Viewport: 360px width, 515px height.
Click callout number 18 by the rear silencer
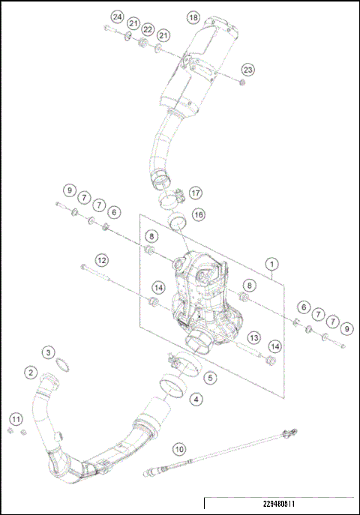tap(193, 16)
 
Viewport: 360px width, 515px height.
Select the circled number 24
tap(116, 16)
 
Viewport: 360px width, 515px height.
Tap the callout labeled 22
tap(148, 29)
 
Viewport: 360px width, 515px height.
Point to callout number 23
tap(247, 69)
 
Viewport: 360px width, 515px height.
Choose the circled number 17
tap(196, 192)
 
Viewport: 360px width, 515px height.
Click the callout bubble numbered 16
tap(199, 215)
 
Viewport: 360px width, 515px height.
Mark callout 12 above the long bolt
tap(101, 259)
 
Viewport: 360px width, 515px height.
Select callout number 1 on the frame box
tap(272, 264)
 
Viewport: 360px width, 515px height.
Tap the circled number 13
tap(254, 338)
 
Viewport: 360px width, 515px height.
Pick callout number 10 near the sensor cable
tap(178, 449)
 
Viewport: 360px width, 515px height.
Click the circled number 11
tap(16, 418)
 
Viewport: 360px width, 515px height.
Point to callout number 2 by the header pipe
tap(31, 372)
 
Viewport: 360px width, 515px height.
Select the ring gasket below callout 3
tap(66, 367)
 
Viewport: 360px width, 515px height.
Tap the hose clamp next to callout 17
tap(171, 199)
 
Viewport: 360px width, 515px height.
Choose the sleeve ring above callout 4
tap(172, 388)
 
